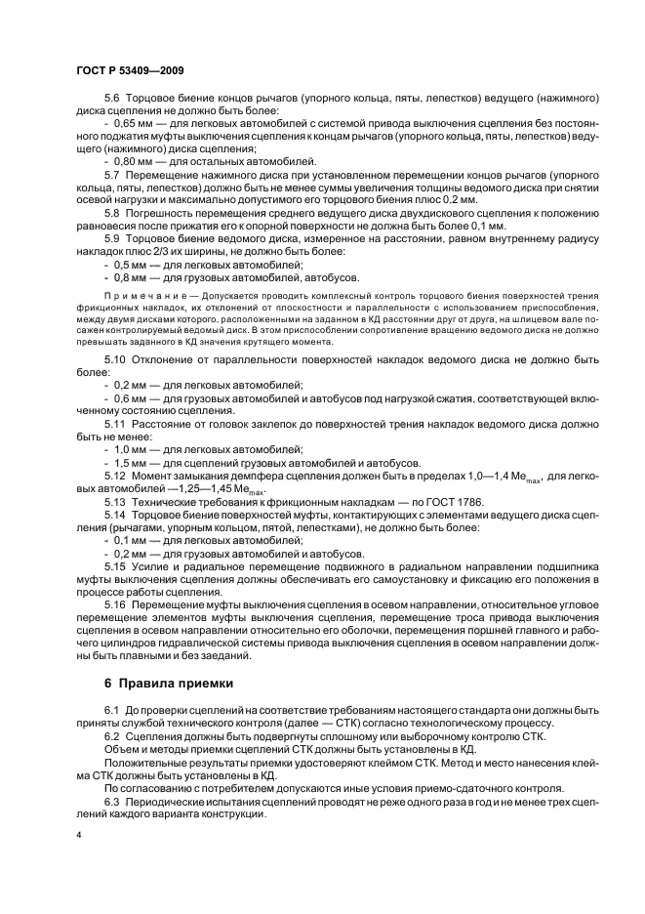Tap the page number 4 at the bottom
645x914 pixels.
coord(79,836)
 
